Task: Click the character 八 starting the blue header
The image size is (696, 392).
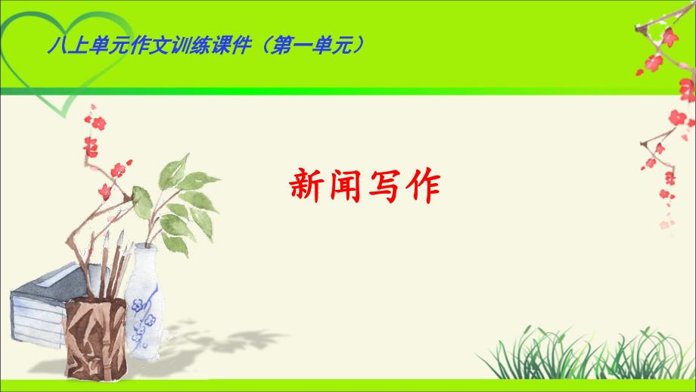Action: [x=54, y=46]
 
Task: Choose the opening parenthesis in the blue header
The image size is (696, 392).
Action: [x=278, y=46]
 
